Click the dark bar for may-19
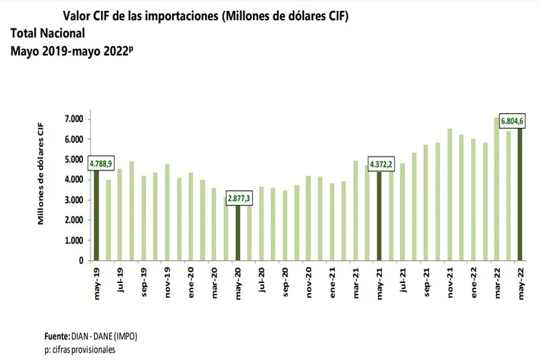[x=97, y=216]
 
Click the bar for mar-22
[x=497, y=189]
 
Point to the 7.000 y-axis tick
[x=72, y=120]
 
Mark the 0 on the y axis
[x=80, y=261]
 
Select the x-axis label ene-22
[x=474, y=282]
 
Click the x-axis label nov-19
[x=167, y=282]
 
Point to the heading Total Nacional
[x=48, y=33]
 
